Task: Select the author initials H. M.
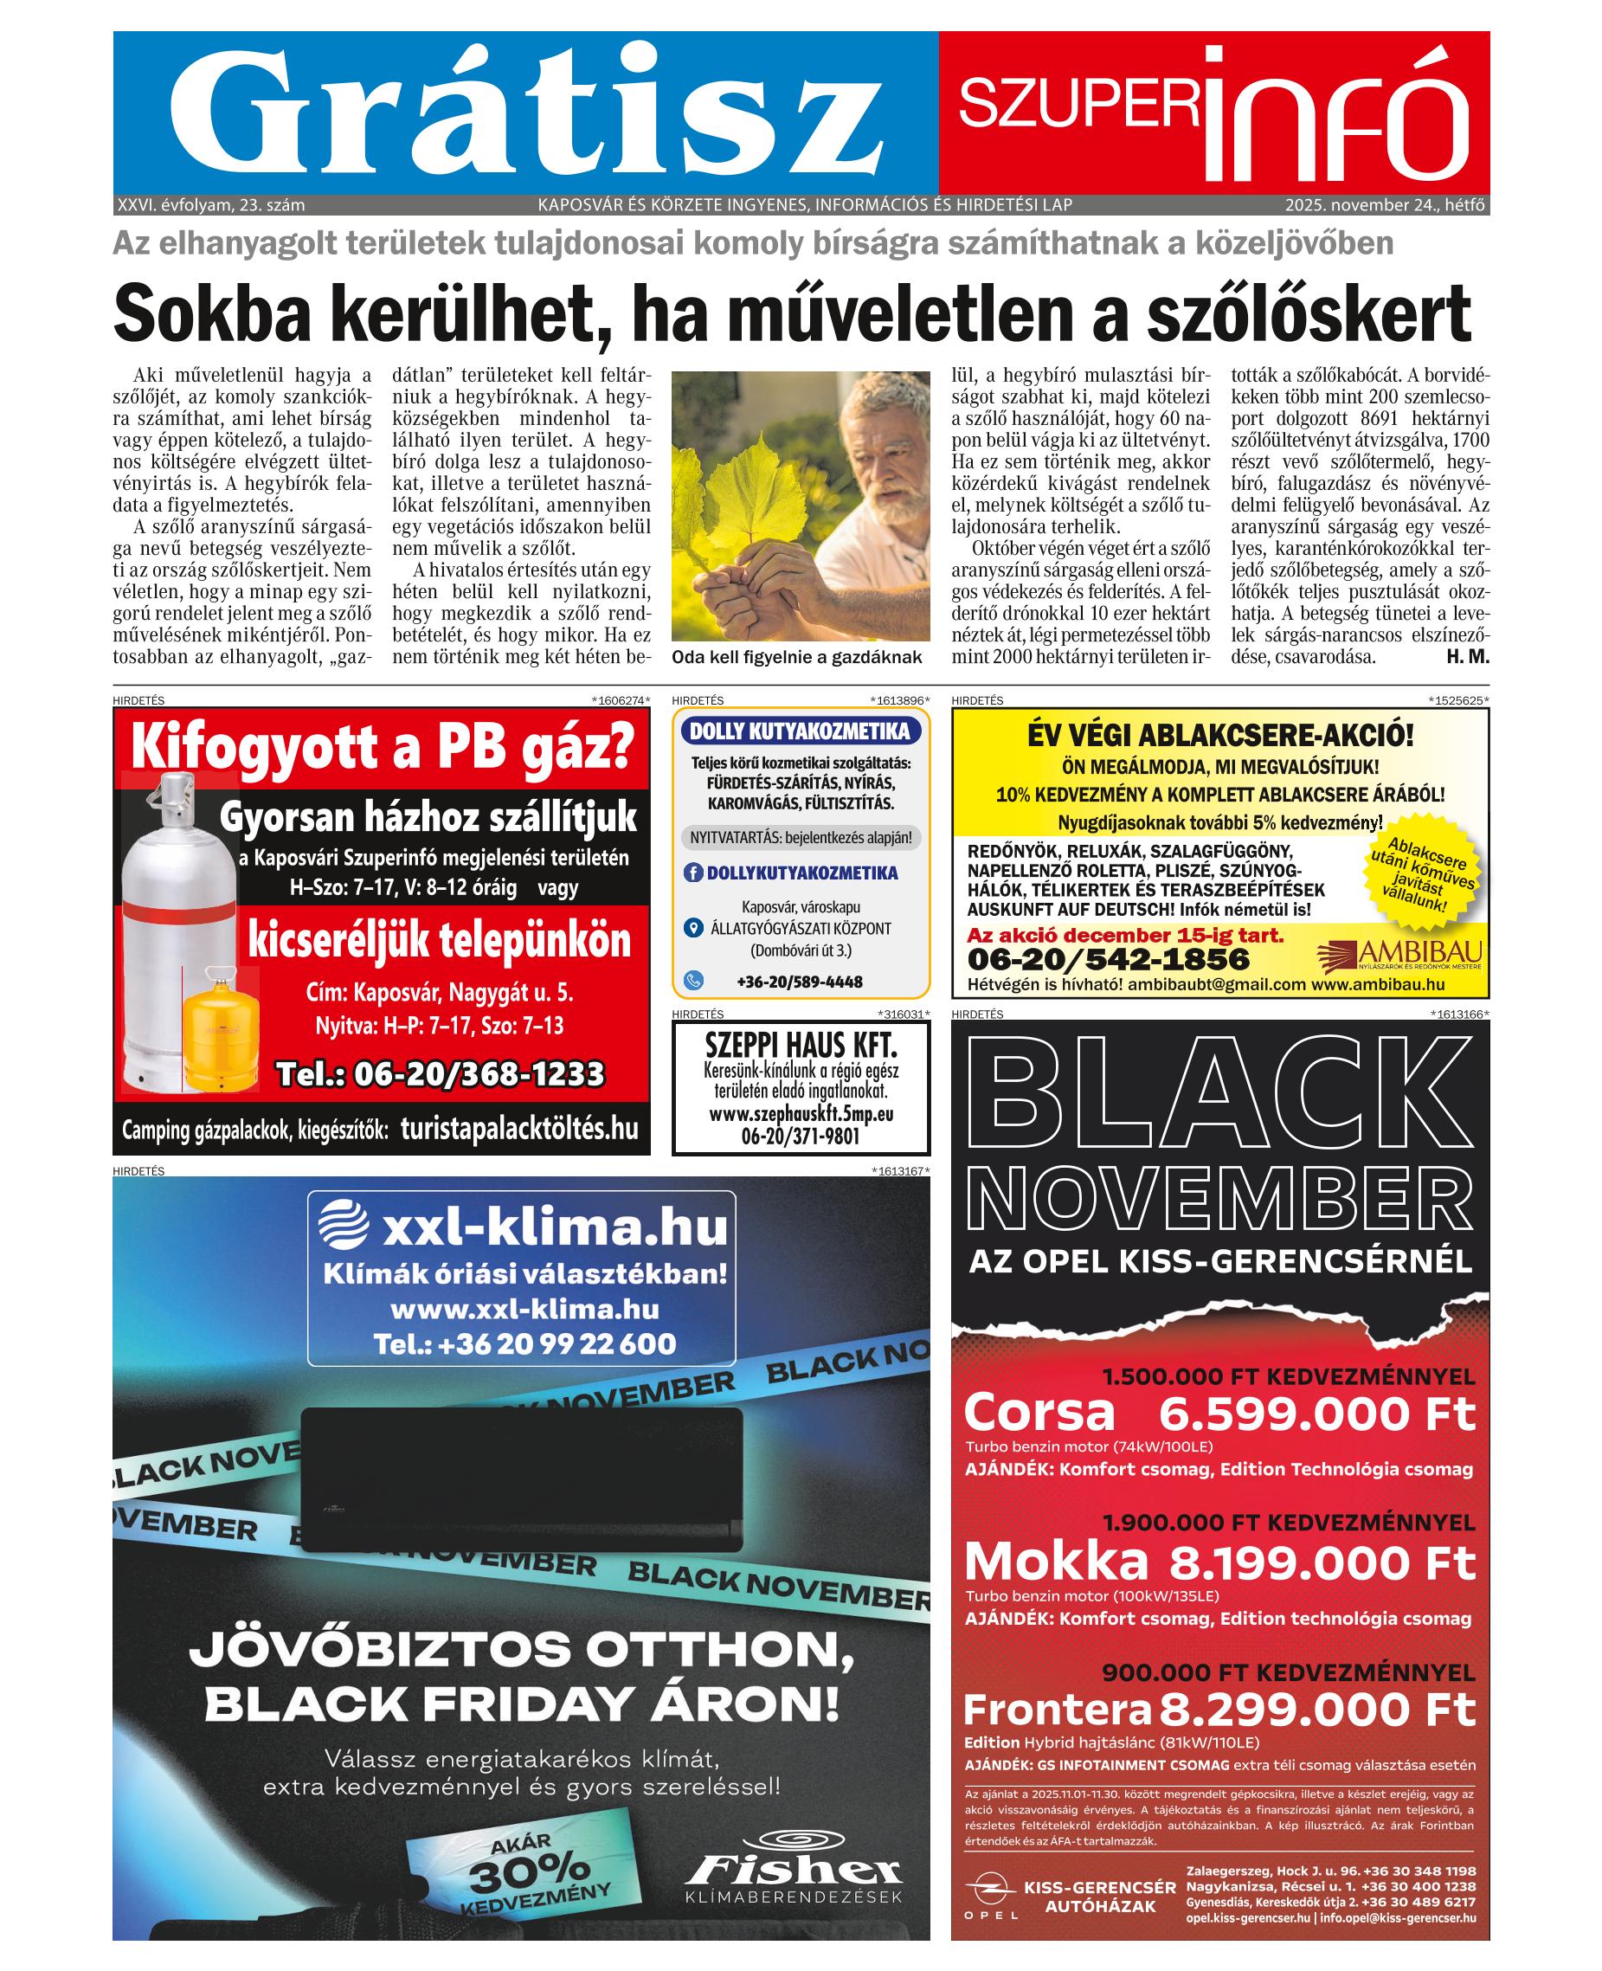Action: click(1468, 657)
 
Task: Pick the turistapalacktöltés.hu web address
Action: click(519, 1129)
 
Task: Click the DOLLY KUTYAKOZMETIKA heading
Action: click(800, 731)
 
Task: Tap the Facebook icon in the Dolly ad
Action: click(693, 872)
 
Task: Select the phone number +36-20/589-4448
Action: click(799, 981)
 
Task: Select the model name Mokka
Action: click(1056, 1562)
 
